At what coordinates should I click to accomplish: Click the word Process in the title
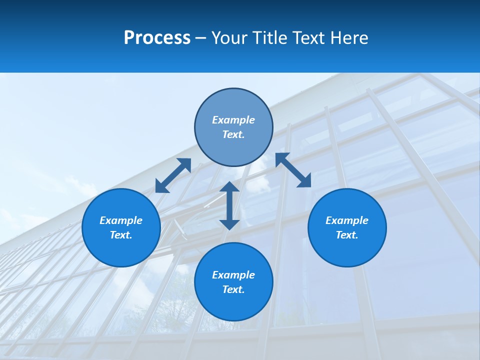coord(157,38)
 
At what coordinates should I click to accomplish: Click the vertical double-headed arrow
coord(229,205)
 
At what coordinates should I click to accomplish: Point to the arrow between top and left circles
coord(173,175)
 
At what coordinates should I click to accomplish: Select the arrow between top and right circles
coord(293,170)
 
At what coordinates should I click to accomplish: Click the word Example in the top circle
coord(233,120)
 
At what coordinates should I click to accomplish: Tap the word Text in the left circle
coord(121,235)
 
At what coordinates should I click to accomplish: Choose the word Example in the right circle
coord(347,220)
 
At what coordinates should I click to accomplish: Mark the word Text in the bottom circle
coord(233,289)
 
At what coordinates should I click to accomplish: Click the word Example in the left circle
coord(121,220)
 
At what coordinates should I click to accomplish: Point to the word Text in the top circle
coord(233,134)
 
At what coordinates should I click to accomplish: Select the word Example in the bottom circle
coord(233,275)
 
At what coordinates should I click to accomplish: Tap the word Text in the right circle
coord(347,235)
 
